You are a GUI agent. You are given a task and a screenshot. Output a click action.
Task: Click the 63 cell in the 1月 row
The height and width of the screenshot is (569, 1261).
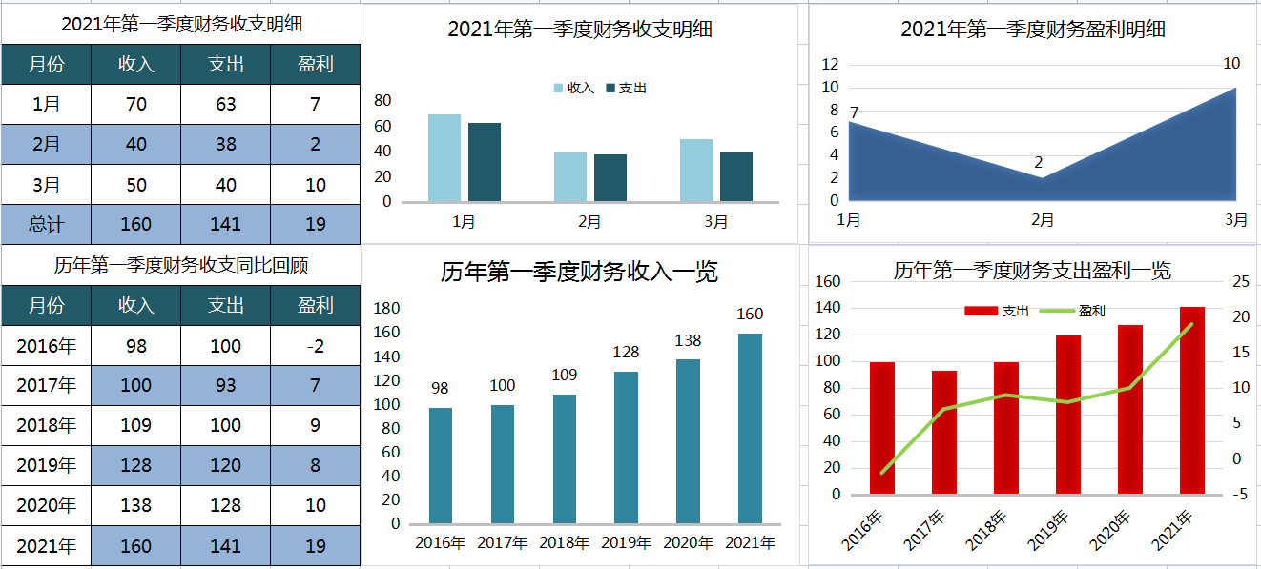point(225,104)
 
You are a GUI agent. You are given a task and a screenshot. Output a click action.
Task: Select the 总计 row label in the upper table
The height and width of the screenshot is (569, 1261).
point(46,224)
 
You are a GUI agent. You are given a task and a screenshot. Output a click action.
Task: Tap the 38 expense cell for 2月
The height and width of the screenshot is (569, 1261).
point(225,144)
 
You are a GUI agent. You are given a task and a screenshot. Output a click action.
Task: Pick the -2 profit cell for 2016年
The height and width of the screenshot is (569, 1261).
point(315,346)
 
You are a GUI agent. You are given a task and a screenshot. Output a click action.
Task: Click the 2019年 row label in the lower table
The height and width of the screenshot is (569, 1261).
point(46,466)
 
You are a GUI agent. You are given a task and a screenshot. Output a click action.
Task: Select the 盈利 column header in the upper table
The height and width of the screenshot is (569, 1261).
point(315,64)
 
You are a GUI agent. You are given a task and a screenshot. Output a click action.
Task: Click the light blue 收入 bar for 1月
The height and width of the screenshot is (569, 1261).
point(444,158)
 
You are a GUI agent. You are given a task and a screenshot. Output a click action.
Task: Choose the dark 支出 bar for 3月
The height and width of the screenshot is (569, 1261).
point(735,176)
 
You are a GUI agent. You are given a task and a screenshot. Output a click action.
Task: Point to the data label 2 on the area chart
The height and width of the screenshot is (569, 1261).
point(1039,162)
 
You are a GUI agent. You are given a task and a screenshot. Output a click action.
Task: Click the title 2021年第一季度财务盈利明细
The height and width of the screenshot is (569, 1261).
point(1032,30)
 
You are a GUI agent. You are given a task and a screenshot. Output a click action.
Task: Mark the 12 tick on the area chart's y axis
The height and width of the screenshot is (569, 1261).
point(829,65)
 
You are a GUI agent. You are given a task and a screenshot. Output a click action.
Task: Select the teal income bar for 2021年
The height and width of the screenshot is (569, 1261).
point(750,428)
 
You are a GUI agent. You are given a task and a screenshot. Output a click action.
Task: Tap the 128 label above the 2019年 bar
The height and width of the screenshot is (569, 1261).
point(626,352)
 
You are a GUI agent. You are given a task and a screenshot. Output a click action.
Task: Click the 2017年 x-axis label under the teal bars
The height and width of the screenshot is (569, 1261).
point(502,543)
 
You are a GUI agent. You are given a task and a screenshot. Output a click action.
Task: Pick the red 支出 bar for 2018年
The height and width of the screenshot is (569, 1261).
point(1006,428)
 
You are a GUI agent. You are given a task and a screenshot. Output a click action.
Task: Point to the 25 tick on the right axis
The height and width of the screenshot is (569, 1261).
point(1240,281)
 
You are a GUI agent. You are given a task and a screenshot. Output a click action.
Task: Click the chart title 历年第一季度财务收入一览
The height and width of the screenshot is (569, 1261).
point(579,273)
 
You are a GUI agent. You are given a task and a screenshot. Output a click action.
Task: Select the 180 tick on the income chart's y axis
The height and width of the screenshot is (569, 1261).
point(386,308)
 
